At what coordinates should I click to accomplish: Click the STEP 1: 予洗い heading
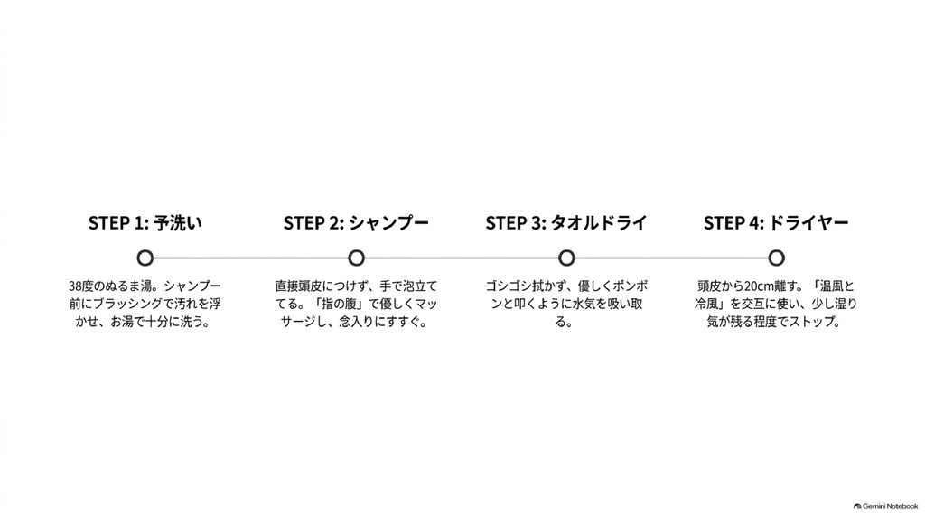tap(145, 223)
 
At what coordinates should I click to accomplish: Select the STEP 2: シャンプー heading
tap(356, 223)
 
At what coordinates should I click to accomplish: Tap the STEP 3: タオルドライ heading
tap(566, 223)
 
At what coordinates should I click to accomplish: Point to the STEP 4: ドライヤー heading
tap(776, 223)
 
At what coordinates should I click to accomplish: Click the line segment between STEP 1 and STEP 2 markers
tap(251, 258)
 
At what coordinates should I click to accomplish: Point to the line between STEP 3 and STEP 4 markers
tap(671, 258)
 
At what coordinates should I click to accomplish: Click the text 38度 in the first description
tap(81, 286)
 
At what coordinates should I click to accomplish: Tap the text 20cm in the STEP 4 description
tap(758, 286)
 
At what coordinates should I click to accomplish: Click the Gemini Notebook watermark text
tap(890, 506)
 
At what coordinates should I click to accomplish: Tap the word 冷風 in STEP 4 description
tap(706, 304)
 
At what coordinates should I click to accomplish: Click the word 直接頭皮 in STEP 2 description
tap(298, 286)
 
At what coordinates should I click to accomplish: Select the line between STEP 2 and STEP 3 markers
tap(462, 258)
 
